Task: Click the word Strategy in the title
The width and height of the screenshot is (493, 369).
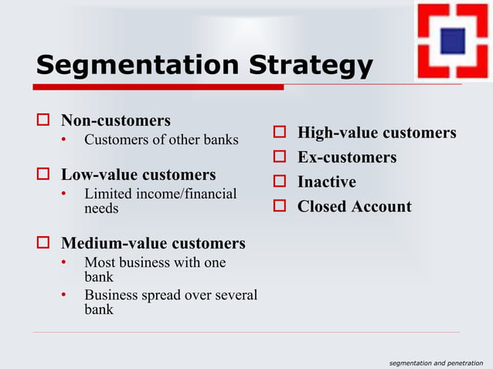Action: pyautogui.click(x=310, y=66)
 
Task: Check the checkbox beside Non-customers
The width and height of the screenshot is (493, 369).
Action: pyautogui.click(x=44, y=121)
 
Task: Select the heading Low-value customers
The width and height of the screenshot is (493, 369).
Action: pyautogui.click(x=138, y=174)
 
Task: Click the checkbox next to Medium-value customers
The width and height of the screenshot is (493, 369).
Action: pyautogui.click(x=44, y=245)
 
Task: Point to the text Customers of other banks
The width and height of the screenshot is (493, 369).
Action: pyautogui.click(x=161, y=140)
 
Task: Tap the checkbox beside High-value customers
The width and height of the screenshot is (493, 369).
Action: pyautogui.click(x=280, y=134)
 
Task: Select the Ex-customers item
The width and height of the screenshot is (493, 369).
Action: pyautogui.click(x=346, y=157)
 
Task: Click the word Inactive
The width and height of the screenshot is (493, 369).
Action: pyautogui.click(x=326, y=182)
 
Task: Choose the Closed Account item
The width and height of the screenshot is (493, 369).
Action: pyautogui.click(x=354, y=206)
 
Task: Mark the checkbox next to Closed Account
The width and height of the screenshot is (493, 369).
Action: pyautogui.click(x=280, y=207)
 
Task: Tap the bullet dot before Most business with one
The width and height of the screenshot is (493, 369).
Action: pyautogui.click(x=65, y=263)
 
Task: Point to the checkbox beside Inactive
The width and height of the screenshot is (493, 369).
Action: pyautogui.click(x=280, y=182)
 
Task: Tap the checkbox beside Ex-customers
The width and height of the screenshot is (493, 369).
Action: pyautogui.click(x=280, y=158)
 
